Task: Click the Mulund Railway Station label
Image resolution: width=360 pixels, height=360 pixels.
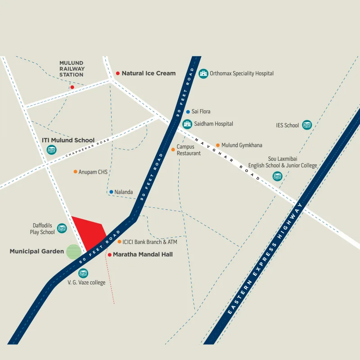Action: pyautogui.click(x=72, y=69)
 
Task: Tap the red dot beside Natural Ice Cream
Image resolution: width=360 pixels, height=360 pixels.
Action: pyautogui.click(x=118, y=73)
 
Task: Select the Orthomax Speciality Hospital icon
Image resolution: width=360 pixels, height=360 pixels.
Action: pyautogui.click(x=203, y=73)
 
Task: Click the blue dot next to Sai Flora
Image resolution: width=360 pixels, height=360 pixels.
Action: pyautogui.click(x=188, y=112)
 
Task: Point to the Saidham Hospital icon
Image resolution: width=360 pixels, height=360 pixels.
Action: pyautogui.click(x=187, y=124)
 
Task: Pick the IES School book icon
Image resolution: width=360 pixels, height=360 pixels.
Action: pyautogui.click(x=307, y=125)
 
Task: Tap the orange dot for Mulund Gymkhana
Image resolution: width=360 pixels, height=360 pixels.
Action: pyautogui.click(x=218, y=145)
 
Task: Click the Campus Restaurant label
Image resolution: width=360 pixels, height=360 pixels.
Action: pyautogui.click(x=185, y=150)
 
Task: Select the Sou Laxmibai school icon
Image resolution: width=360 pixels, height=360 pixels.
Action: pyautogui.click(x=277, y=176)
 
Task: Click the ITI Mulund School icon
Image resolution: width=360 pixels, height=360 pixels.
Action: pyautogui.click(x=52, y=149)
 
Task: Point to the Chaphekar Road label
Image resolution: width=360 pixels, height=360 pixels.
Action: pyautogui.click(x=88, y=147)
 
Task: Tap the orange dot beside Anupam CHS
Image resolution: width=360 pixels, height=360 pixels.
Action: pyautogui.click(x=75, y=172)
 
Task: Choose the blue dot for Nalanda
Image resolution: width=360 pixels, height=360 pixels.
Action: pyautogui.click(x=111, y=192)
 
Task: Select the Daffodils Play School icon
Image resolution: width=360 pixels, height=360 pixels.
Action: pyautogui.click(x=62, y=228)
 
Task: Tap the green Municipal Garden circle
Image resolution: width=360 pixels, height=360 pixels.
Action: pyautogui.click(x=74, y=252)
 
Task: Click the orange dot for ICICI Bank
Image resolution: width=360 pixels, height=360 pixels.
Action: pyautogui.click(x=119, y=242)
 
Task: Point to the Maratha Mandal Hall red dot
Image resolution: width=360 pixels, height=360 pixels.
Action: pyautogui.click(x=109, y=255)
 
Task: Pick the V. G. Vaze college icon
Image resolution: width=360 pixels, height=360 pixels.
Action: pyautogui.click(x=83, y=273)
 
